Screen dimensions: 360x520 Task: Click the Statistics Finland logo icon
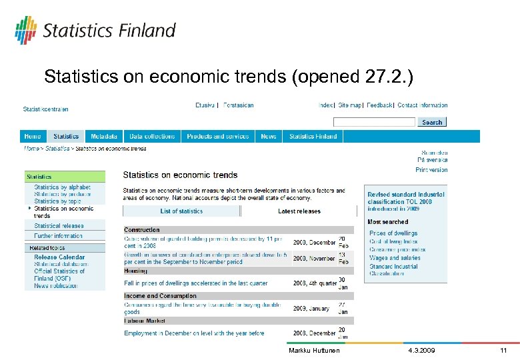click(25, 30)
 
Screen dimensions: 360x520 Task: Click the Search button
click(432, 122)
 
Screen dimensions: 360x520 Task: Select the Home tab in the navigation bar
click(33, 137)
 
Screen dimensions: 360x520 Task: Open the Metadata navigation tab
click(104, 137)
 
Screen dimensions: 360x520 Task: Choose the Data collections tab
click(152, 137)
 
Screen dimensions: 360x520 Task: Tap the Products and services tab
click(218, 137)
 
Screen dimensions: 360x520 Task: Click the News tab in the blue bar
click(269, 137)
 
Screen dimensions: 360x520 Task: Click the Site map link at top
click(349, 105)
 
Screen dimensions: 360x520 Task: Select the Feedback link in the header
click(379, 105)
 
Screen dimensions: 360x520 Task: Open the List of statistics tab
click(181, 211)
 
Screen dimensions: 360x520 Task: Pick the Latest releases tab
click(299, 211)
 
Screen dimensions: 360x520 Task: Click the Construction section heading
click(142, 230)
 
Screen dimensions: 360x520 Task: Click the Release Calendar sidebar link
click(59, 257)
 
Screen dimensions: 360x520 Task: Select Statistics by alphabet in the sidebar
click(62, 187)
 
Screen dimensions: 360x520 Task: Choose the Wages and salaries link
click(395, 258)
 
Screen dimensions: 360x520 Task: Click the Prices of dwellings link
click(393, 233)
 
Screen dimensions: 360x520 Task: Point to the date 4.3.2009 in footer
click(421, 351)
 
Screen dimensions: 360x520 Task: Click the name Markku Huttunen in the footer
click(314, 351)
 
